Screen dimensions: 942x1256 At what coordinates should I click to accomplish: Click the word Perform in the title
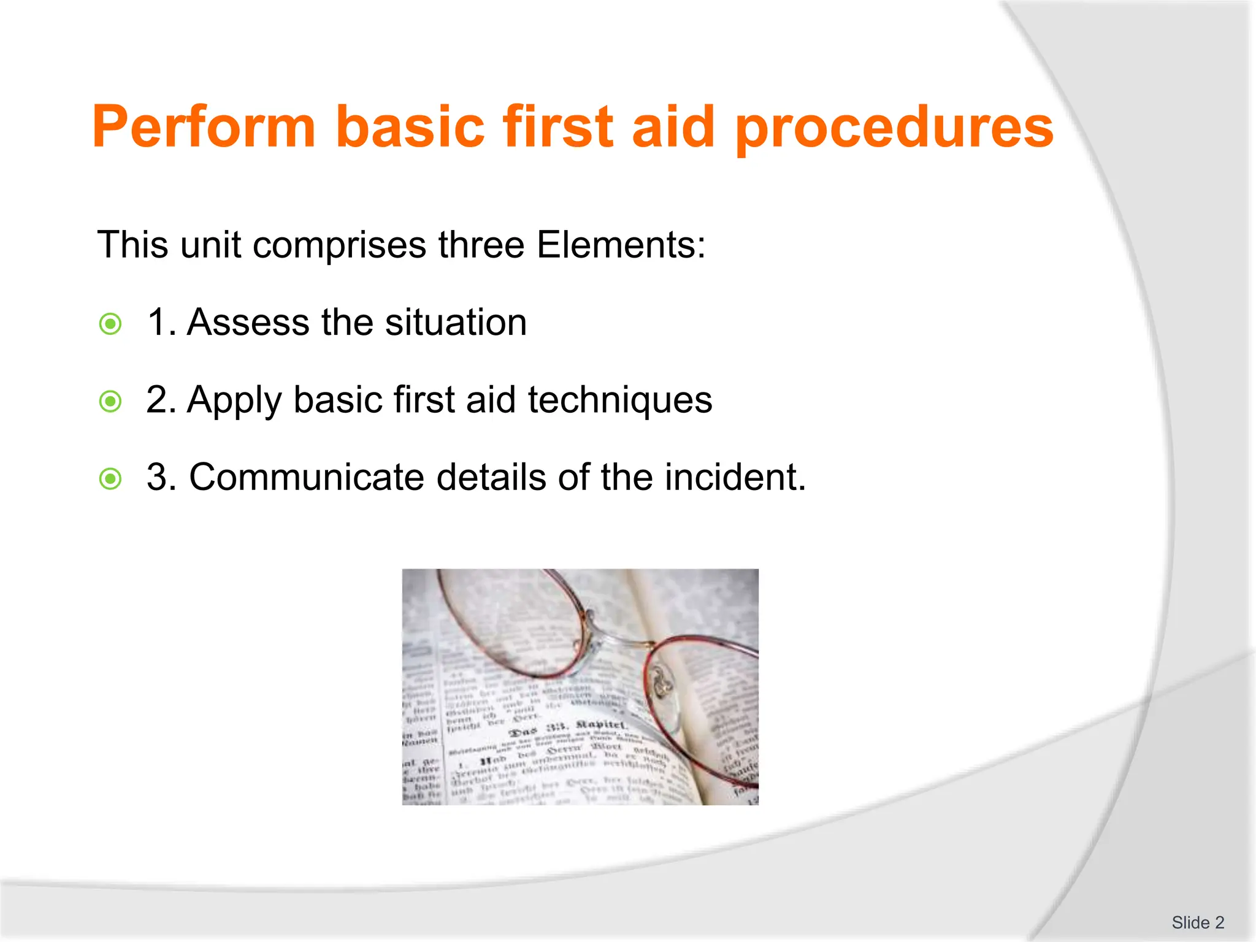[x=203, y=127]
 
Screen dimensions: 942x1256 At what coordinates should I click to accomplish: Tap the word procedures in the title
[x=894, y=127]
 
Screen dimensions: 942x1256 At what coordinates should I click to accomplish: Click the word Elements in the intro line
[x=620, y=245]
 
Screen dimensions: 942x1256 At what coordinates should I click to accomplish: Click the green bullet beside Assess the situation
[x=110, y=324]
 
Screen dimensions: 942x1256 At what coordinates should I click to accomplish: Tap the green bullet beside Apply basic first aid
[x=110, y=402]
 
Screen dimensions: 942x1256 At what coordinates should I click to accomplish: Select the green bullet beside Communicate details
[x=110, y=479]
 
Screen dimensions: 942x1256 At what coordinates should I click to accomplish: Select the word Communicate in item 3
[x=306, y=477]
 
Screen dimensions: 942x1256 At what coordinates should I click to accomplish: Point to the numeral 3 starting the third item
[x=157, y=477]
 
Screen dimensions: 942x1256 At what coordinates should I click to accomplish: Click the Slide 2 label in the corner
[x=1197, y=922]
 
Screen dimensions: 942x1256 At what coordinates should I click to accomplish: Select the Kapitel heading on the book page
[x=600, y=726]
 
